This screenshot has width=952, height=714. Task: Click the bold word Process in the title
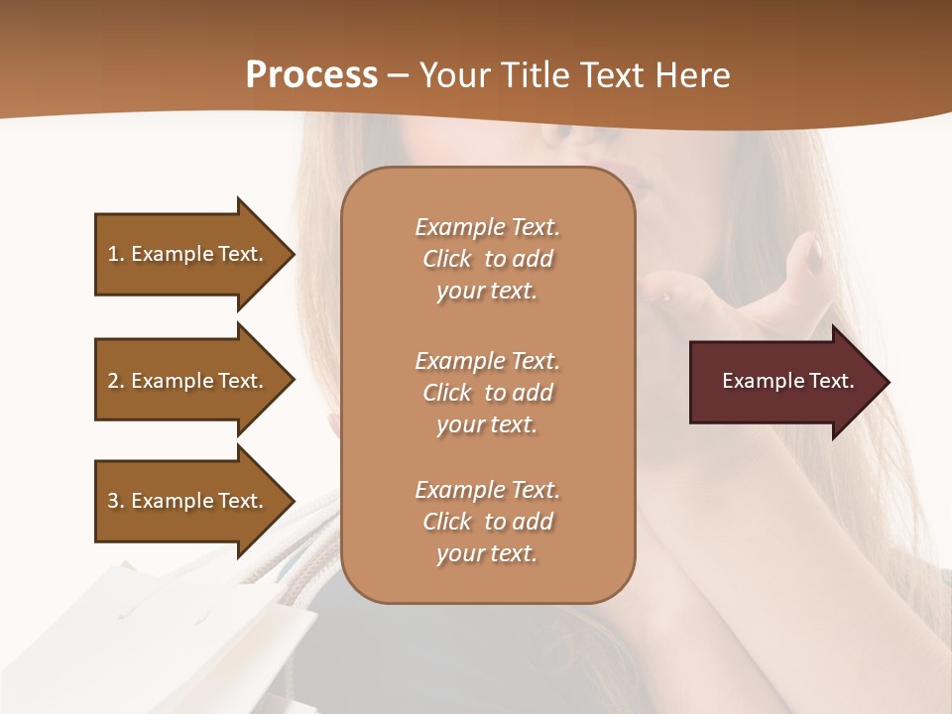311,75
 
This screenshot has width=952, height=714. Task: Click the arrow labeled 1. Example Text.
188,254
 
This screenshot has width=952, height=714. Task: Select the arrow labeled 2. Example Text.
188,381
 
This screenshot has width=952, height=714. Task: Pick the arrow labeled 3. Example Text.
188,501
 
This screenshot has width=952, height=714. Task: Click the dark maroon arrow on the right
783,382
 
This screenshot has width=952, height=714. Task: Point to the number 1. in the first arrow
116,254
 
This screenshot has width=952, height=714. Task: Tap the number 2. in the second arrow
116,381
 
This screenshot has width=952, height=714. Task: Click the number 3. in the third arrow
116,501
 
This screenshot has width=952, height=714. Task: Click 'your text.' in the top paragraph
487,292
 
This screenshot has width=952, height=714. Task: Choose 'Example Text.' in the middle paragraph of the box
487,361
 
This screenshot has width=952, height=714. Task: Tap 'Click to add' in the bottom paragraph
487,522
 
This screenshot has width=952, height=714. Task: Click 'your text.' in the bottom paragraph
487,554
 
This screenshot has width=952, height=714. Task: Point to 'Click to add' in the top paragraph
487,260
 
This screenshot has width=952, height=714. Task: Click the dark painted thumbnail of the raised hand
813,256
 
